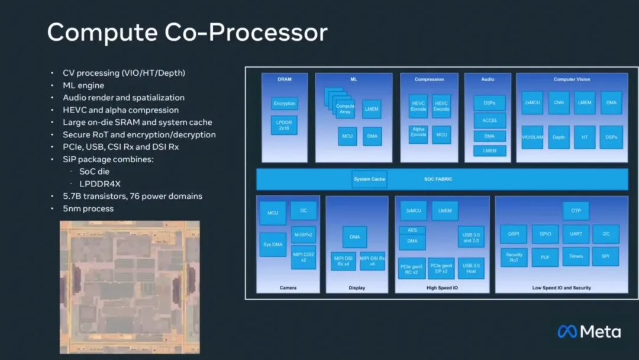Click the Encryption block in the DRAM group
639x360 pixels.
tap(285, 104)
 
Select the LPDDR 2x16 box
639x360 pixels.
tap(284, 126)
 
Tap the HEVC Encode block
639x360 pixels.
tap(418, 106)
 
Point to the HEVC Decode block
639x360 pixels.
tap(441, 106)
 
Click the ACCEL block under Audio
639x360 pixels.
tap(489, 120)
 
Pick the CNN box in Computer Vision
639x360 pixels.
tap(559, 102)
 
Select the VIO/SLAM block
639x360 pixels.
tap(532, 137)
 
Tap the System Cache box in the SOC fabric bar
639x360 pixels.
tap(369, 179)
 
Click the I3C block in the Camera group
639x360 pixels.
tap(303, 211)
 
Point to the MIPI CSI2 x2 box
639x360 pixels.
tap(303, 257)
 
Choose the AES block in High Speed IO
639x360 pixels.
tap(412, 230)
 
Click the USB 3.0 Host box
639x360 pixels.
tap(471, 268)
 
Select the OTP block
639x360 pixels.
tap(576, 210)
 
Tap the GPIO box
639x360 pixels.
tap(545, 234)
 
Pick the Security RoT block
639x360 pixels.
tap(514, 257)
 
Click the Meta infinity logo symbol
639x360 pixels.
tap(567, 332)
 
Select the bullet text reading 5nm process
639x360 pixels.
tap(88, 208)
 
